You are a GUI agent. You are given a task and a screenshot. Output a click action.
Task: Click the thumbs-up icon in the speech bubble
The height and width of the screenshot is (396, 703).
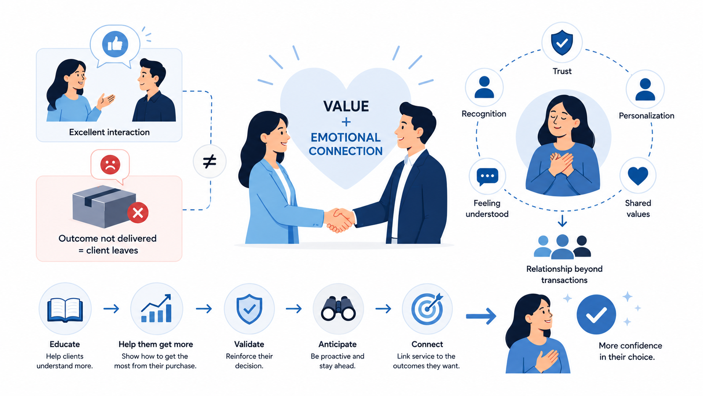[x=115, y=44]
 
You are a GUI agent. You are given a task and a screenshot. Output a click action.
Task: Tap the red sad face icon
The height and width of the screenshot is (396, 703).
[x=110, y=165]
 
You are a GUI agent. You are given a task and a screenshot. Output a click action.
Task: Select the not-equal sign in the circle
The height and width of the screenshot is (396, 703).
[x=209, y=162]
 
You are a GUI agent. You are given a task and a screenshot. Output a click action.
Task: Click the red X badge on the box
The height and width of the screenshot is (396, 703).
[x=138, y=213]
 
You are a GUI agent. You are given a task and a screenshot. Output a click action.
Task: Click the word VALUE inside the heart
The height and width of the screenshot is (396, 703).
[x=346, y=106]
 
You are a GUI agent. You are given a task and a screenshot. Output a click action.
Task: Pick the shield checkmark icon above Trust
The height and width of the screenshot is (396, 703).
[x=562, y=43]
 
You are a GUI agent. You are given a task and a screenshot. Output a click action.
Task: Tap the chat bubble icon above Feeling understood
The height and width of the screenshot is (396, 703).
[x=487, y=177]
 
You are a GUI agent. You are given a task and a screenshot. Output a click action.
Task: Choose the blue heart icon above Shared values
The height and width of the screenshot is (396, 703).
[x=638, y=176]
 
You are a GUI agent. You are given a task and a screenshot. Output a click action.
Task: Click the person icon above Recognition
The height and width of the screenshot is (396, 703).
[x=484, y=87]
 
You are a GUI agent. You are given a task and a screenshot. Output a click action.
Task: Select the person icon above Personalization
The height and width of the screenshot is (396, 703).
[x=645, y=89]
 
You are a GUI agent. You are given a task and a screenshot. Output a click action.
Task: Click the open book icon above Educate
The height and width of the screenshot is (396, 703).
[x=65, y=310]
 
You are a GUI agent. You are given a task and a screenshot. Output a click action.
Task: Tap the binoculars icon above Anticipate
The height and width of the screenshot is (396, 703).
[x=338, y=309]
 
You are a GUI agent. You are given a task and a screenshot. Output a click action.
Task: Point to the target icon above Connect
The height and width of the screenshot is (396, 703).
[x=428, y=309]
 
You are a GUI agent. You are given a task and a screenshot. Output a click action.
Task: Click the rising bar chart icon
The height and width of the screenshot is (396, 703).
[x=156, y=308]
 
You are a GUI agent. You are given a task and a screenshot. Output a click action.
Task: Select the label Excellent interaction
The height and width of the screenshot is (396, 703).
[x=109, y=132]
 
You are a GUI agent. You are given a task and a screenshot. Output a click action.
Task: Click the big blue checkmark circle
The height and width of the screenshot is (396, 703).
[x=596, y=314]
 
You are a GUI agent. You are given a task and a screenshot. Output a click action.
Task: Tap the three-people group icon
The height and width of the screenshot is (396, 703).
[x=562, y=247]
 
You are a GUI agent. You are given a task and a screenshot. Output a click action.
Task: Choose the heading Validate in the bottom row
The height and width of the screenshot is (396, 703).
[x=249, y=344]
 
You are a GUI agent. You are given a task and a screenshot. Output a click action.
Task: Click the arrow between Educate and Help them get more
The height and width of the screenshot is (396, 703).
[x=111, y=309]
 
